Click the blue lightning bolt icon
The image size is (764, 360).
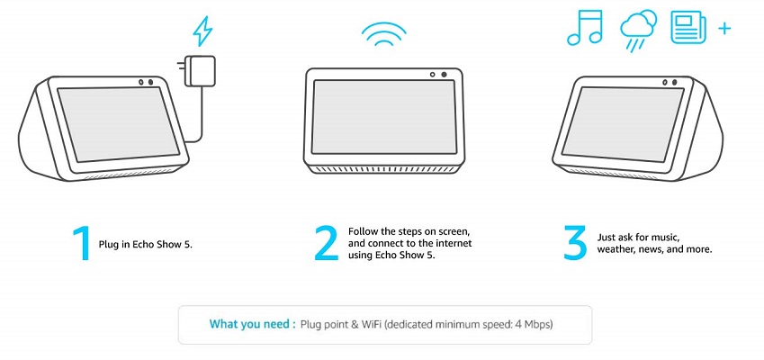[x=202, y=32]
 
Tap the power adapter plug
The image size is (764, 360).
[x=197, y=71]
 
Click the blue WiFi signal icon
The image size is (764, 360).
[x=384, y=34]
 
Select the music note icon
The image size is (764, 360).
[x=585, y=29]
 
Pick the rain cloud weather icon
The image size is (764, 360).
[x=638, y=31]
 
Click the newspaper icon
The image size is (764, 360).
[x=688, y=28]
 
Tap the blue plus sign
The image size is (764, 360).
[x=724, y=29]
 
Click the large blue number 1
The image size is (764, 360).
[x=83, y=243]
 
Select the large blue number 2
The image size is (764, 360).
[x=327, y=243]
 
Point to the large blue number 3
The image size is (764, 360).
[x=575, y=242]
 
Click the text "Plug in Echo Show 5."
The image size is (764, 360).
[x=146, y=245]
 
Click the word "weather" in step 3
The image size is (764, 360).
[x=616, y=250]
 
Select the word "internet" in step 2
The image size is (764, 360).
[x=455, y=243]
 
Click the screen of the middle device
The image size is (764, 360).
[x=384, y=117]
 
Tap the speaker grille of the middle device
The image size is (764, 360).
[x=384, y=169]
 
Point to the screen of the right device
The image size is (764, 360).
[x=624, y=124]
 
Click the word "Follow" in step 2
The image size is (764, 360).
[x=362, y=231]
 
